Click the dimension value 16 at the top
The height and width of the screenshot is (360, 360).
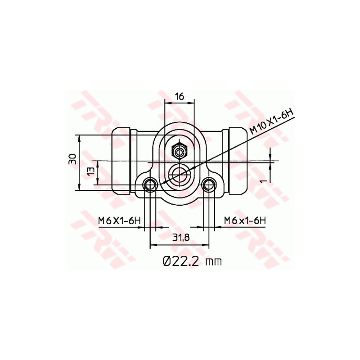(x=180, y=96)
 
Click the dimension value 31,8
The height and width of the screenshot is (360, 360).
(x=180, y=238)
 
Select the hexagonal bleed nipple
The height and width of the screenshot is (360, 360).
(x=180, y=150)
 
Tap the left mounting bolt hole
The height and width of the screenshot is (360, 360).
(x=150, y=184)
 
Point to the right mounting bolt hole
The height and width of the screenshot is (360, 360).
(x=208, y=184)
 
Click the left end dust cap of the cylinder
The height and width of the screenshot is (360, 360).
(x=120, y=161)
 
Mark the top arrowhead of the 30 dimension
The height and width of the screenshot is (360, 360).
(x=80, y=137)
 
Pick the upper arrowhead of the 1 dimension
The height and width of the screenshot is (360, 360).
(x=271, y=156)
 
